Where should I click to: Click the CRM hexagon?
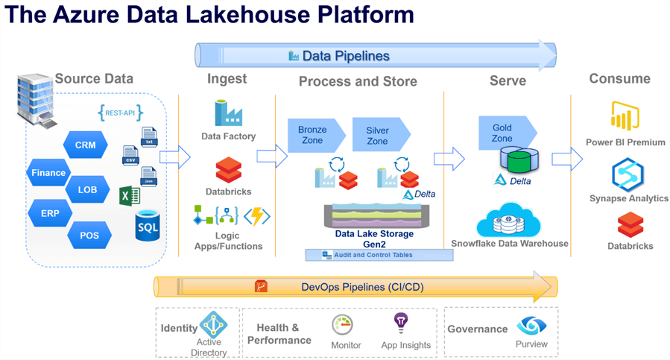(85, 145)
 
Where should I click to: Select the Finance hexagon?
(48, 173)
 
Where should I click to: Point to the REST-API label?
(120, 113)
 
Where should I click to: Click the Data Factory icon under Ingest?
(228, 113)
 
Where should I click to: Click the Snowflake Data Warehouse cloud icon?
(508, 221)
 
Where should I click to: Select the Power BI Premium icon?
(625, 117)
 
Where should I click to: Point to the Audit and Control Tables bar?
(379, 255)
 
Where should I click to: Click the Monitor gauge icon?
(343, 325)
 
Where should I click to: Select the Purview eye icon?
(531, 325)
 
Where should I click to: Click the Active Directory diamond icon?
(213, 324)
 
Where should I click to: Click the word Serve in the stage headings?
(507, 80)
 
